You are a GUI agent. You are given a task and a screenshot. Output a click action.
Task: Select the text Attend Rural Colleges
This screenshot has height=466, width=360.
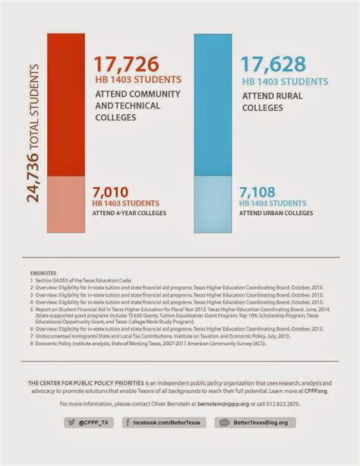point(273,103)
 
